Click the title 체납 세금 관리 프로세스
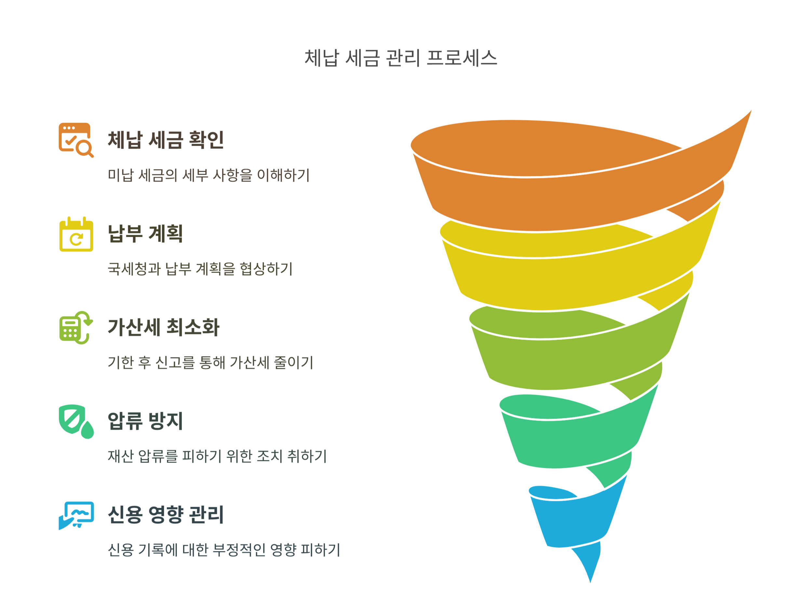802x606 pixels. click(x=401, y=58)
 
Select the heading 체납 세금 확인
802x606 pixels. click(x=166, y=140)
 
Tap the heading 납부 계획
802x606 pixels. click(x=145, y=234)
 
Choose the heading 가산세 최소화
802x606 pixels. click(x=164, y=327)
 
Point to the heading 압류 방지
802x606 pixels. click(x=145, y=421)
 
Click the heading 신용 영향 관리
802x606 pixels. click(x=166, y=515)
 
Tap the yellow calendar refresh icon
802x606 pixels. click(x=76, y=234)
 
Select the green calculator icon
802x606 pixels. click(x=76, y=328)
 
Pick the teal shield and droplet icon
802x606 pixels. click(x=76, y=422)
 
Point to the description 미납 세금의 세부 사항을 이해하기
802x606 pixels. click(x=208, y=175)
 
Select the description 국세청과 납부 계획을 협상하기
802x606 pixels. click(x=200, y=269)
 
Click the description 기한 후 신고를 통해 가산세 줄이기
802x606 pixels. click(x=210, y=362)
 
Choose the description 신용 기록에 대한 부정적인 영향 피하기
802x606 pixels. click(x=224, y=550)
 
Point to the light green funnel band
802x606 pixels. click(x=573, y=363)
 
